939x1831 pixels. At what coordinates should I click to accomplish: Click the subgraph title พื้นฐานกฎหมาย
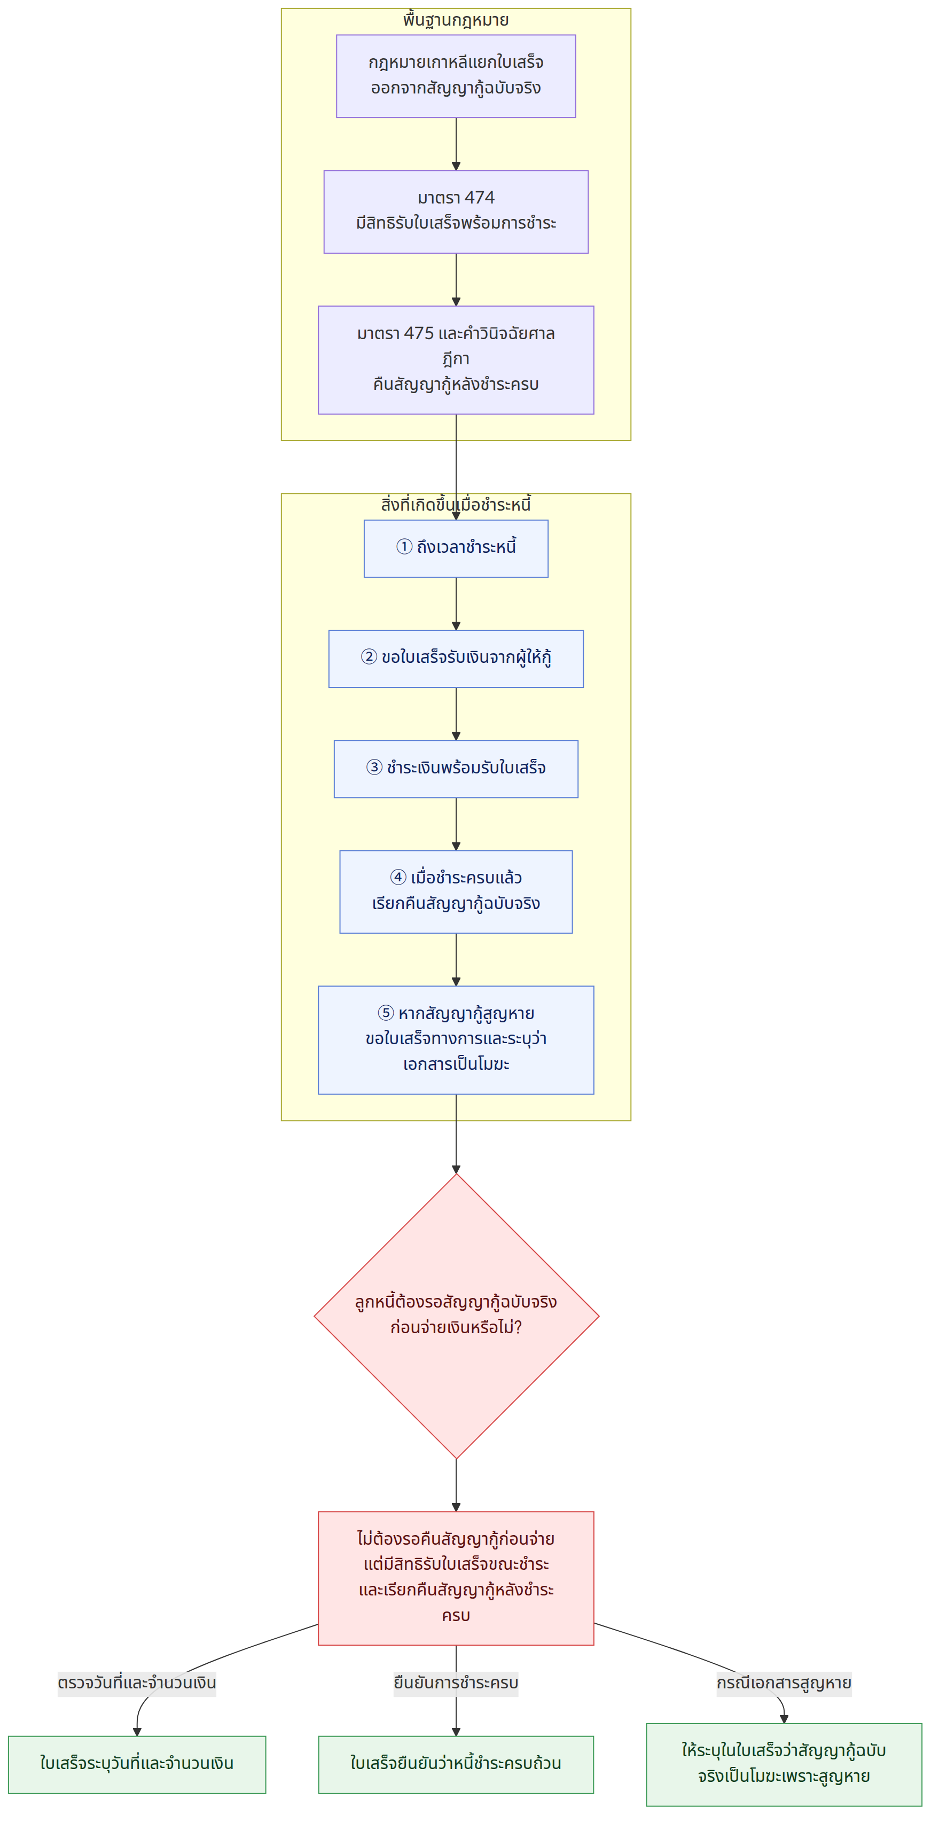[456, 20]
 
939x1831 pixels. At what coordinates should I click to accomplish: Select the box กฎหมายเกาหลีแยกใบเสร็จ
[456, 76]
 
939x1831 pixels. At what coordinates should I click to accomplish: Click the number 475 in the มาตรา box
[419, 333]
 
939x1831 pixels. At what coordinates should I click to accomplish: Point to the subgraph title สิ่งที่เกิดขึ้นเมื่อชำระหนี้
[456, 505]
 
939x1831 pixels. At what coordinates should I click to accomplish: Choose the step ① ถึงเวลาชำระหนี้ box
[456, 548]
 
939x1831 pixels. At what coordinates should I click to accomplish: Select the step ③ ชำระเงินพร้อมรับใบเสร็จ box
[456, 769]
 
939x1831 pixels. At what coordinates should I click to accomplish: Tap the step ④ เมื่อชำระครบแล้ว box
[456, 891]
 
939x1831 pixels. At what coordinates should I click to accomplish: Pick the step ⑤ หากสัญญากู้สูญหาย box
[456, 1039]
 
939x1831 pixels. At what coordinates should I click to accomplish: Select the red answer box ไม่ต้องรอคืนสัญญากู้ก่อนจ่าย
[456, 1577]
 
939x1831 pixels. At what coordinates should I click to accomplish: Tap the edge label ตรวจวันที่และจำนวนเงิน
[137, 1683]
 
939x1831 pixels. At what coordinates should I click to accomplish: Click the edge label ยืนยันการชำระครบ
[456, 1683]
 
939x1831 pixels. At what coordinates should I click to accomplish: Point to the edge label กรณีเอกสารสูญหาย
[784, 1683]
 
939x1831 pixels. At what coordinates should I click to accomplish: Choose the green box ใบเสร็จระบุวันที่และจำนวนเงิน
[137, 1764]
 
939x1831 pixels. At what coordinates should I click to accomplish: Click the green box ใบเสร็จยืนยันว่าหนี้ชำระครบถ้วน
[456, 1764]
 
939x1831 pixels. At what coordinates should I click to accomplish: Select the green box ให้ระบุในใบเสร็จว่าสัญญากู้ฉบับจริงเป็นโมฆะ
[784, 1764]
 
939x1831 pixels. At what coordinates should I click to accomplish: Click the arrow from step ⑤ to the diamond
[456, 1134]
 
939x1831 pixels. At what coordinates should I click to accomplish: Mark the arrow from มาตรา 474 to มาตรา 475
[456, 279]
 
